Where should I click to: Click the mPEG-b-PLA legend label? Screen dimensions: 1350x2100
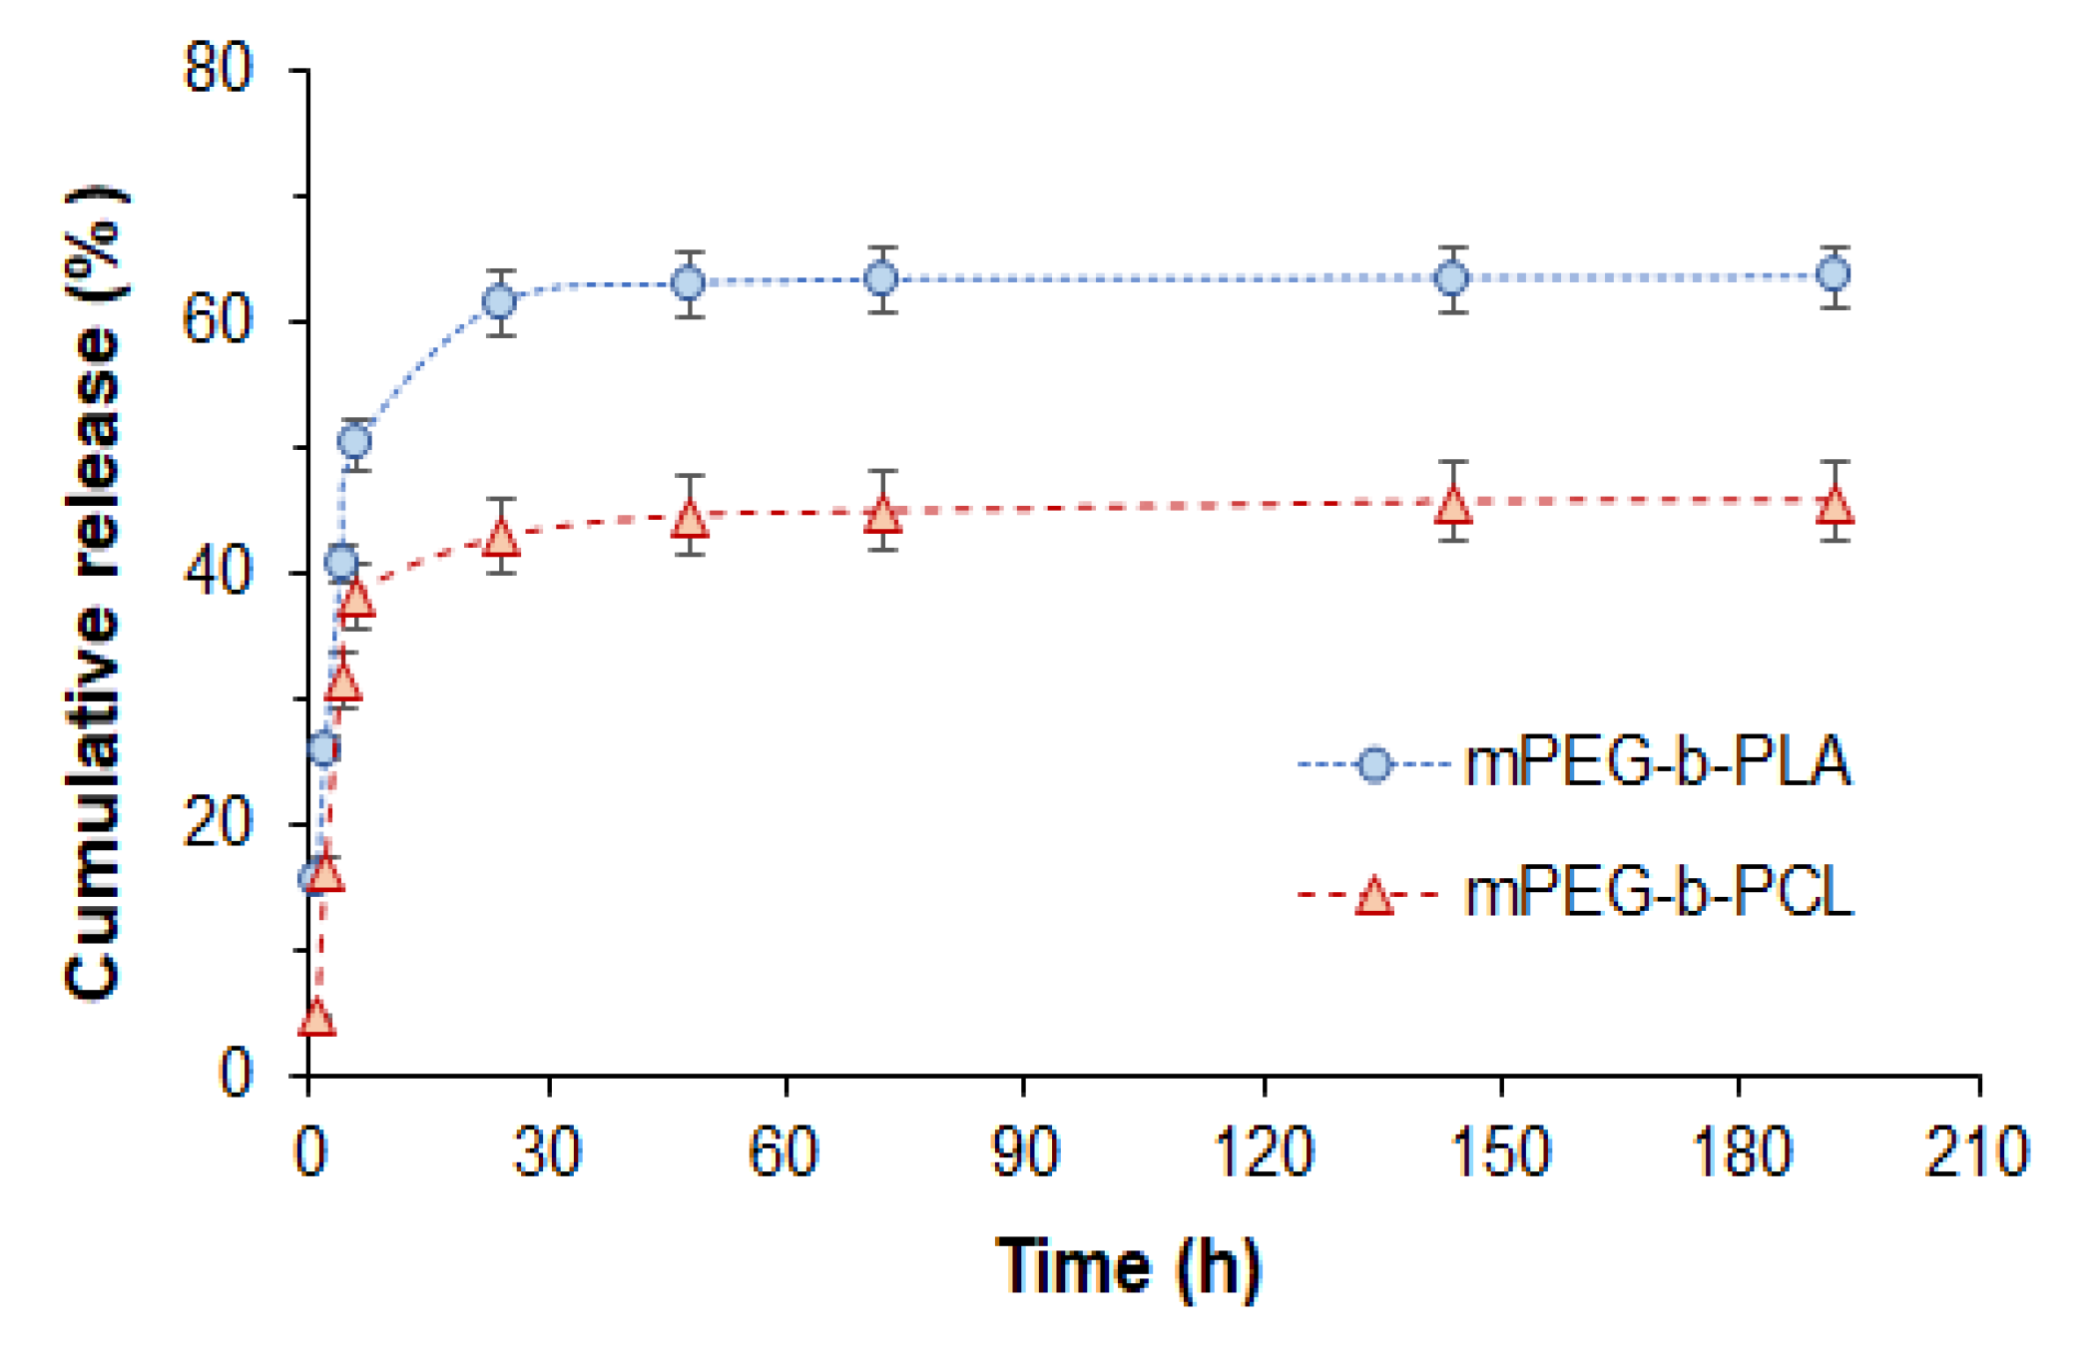point(1657,763)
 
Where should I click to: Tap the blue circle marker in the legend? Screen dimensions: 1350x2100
point(1374,764)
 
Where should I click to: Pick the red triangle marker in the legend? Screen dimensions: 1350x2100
point(1374,896)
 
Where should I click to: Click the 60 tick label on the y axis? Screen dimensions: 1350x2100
point(219,321)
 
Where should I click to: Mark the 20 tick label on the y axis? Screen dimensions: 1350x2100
point(219,824)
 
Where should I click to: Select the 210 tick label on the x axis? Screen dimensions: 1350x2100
point(1977,1151)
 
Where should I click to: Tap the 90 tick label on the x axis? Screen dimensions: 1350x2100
point(1024,1151)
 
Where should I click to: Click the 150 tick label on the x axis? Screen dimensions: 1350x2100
point(1500,1151)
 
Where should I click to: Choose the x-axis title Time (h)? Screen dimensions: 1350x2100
point(1129,1267)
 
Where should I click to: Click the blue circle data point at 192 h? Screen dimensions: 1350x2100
point(1834,273)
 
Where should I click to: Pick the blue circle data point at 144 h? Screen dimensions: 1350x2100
point(1452,277)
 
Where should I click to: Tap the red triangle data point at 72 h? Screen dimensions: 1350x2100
point(882,515)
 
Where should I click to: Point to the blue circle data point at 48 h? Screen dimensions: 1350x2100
point(689,282)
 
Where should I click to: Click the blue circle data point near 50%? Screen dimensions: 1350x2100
point(354,440)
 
